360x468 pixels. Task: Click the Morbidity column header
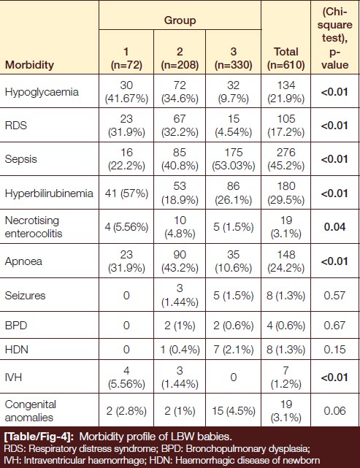[29, 65]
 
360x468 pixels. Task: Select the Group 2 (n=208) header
[180, 58]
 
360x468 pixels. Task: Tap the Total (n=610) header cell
[286, 58]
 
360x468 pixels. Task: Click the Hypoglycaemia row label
[42, 92]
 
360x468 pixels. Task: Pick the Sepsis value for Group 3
[234, 159]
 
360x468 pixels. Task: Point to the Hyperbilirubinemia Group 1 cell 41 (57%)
[126, 193]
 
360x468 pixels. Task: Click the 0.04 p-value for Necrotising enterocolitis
[334, 227]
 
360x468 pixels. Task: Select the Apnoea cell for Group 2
[180, 261]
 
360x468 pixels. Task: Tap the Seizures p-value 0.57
[334, 296]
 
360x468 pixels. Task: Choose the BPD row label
[16, 325]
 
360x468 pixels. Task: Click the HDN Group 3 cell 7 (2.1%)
[234, 349]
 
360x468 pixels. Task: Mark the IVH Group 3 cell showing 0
[234, 377]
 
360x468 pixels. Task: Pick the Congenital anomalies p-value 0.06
[334, 411]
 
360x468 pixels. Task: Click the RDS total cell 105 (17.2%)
[286, 126]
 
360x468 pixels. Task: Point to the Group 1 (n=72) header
[126, 58]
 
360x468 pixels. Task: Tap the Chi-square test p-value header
[335, 38]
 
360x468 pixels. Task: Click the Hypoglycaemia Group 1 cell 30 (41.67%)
[126, 92]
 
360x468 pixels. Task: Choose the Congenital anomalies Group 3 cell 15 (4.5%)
[234, 411]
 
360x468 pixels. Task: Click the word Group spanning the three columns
[180, 20]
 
